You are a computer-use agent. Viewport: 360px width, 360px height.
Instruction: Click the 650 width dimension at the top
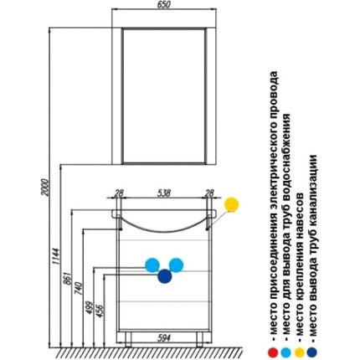click(164, 5)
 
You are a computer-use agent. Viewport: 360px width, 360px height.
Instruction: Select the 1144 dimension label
click(56, 256)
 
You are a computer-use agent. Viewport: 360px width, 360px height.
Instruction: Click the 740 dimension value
click(79, 289)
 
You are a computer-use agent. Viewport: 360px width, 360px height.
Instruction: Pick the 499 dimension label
click(90, 307)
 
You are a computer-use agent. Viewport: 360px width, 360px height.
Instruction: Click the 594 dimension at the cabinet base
click(164, 338)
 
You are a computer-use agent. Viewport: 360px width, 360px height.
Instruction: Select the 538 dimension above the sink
click(164, 193)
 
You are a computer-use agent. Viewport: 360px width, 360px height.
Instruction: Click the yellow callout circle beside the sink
click(232, 204)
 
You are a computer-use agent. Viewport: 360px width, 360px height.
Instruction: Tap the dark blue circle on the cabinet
click(165, 276)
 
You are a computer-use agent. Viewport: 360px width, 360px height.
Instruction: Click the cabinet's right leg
click(200, 340)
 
